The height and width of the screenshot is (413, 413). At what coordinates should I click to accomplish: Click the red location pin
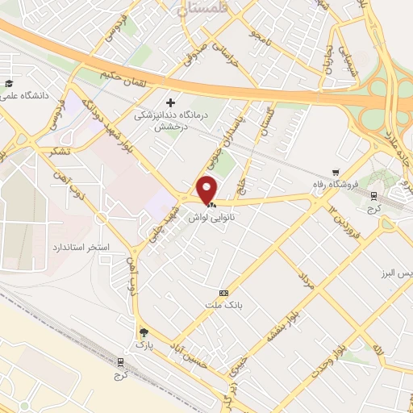[x=207, y=190]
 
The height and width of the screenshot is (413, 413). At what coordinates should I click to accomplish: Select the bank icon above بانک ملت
[x=223, y=292]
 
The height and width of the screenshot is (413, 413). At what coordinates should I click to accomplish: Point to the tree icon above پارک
[x=144, y=332]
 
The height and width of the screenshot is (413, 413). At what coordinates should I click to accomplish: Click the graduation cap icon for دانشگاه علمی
[x=8, y=83]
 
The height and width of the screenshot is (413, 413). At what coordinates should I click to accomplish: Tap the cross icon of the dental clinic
[x=170, y=102]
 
